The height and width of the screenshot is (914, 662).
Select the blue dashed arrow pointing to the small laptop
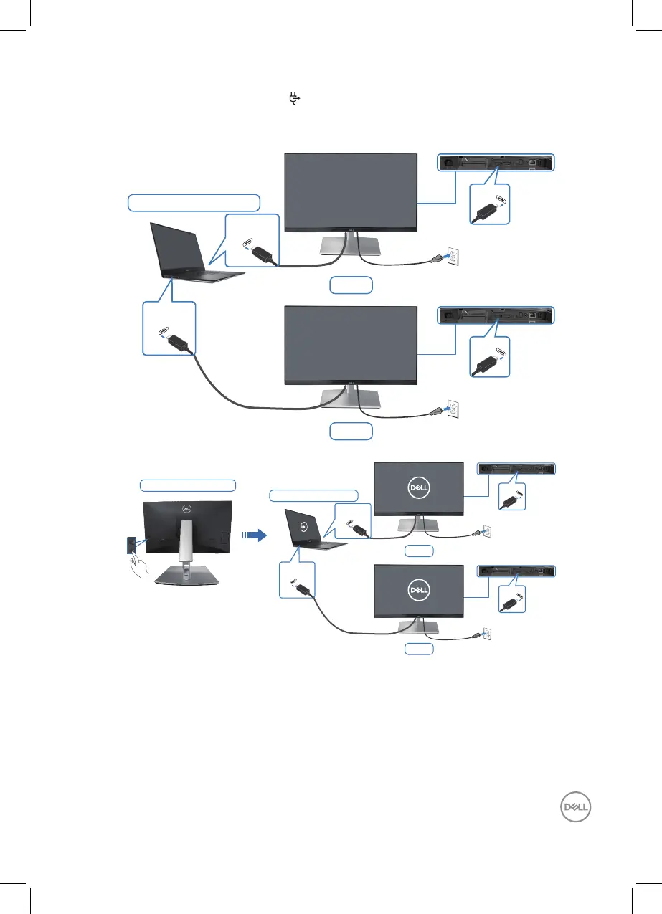tap(254, 535)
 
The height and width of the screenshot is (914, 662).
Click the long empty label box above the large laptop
tap(193, 202)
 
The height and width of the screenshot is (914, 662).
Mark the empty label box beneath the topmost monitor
tap(351, 285)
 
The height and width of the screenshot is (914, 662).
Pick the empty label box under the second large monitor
tap(351, 431)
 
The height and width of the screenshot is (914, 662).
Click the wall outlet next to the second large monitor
tap(452, 409)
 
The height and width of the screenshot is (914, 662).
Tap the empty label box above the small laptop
tap(313, 495)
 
